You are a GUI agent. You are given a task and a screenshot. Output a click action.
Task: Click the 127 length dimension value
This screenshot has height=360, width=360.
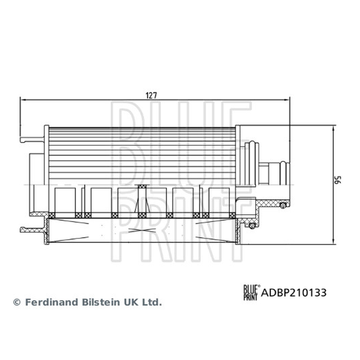(x=151, y=95)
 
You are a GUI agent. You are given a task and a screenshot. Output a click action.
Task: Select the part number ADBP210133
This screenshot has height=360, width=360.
(x=294, y=293)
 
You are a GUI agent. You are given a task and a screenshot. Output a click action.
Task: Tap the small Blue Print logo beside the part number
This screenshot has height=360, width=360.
(x=252, y=292)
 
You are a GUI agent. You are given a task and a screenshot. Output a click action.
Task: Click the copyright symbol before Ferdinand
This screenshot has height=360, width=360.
(x=17, y=302)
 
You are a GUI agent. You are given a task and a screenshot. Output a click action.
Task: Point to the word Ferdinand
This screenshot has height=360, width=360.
(x=51, y=302)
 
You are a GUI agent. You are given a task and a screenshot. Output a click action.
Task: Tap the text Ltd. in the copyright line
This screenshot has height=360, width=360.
(x=152, y=302)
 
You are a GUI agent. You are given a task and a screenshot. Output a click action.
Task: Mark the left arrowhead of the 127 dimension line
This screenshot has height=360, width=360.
(x=22, y=100)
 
